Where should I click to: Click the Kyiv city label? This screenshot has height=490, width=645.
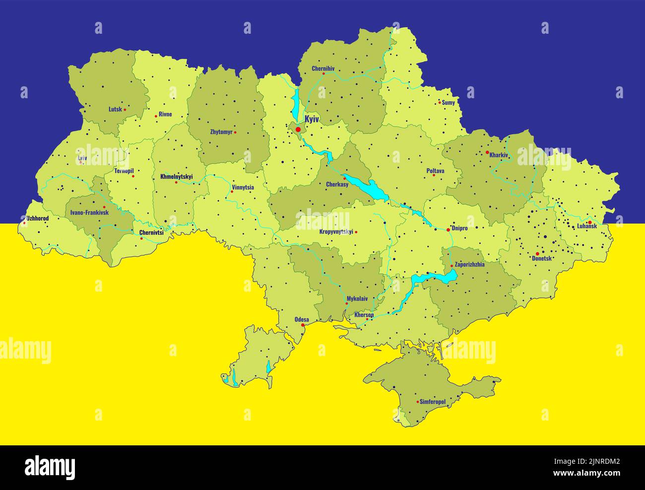pyautogui.click(x=312, y=119)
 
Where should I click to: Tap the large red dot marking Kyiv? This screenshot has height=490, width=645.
pyautogui.click(x=298, y=129)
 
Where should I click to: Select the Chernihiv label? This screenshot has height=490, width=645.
pyautogui.click(x=323, y=68)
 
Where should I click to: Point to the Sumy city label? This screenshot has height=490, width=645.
pyautogui.click(x=449, y=103)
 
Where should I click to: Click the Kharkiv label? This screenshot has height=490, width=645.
pyautogui.click(x=499, y=155)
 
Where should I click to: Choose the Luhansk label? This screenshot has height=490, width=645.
pyautogui.click(x=586, y=227)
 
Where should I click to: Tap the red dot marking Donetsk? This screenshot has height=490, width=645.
pyautogui.click(x=537, y=253)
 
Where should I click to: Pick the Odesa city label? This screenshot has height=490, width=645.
pyautogui.click(x=302, y=319)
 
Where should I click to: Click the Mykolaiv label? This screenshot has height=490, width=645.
pyautogui.click(x=357, y=299)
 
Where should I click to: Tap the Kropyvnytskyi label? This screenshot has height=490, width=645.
pyautogui.click(x=336, y=232)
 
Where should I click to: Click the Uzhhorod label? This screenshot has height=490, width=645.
pyautogui.click(x=37, y=218)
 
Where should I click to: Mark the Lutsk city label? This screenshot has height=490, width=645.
pyautogui.click(x=115, y=109)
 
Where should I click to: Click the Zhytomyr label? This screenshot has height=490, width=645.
pyautogui.click(x=221, y=132)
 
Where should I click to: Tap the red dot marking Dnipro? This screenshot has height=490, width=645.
pyautogui.click(x=448, y=230)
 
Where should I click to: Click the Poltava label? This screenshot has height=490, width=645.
pyautogui.click(x=435, y=171)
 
